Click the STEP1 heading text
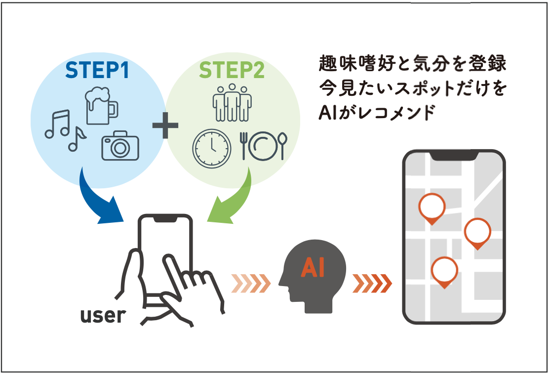(97, 71)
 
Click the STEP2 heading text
(232, 71)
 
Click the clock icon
(211, 148)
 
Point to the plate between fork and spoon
(262, 147)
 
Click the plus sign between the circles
(165, 125)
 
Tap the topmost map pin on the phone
(432, 208)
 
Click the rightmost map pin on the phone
(477, 232)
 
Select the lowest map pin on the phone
(444, 271)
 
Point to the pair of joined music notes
(58, 124)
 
